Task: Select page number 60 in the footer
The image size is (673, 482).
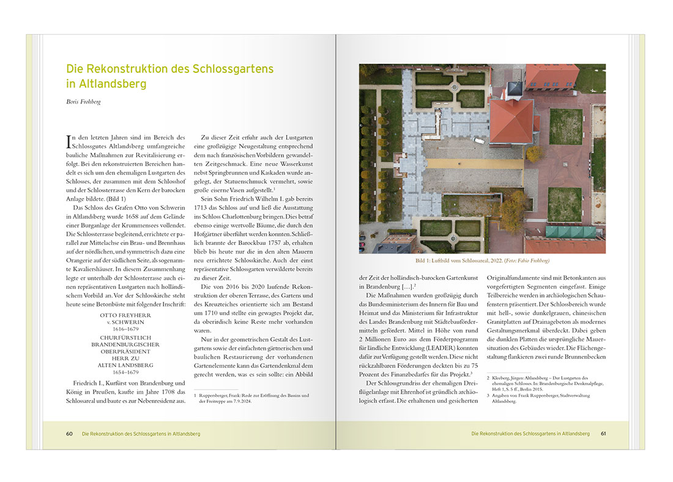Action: pos(70,434)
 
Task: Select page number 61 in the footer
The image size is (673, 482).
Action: pos(603,434)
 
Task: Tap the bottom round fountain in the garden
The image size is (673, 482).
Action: pos(453,238)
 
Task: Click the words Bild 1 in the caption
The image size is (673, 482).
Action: pos(424,260)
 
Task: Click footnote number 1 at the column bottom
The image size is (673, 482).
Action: pos(196,395)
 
